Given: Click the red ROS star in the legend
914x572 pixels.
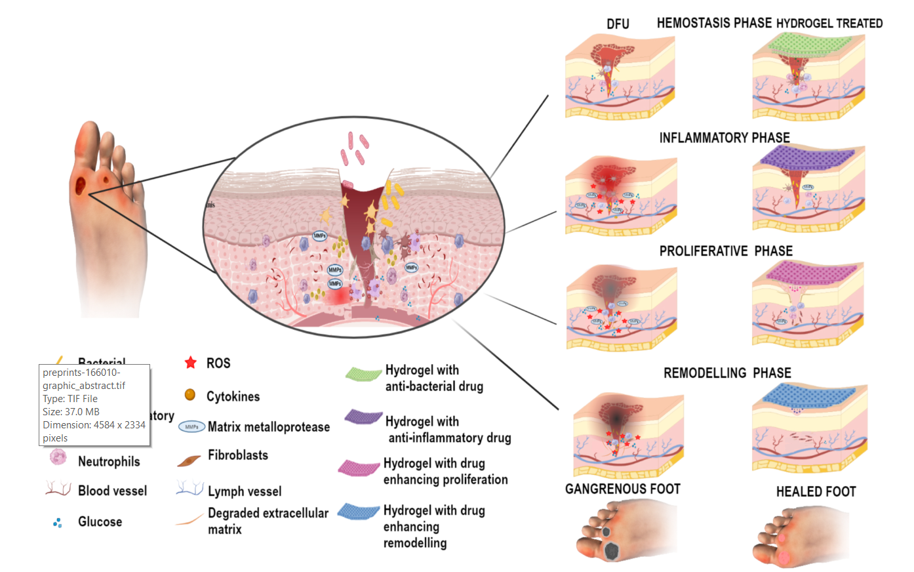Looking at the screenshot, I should [x=191, y=363].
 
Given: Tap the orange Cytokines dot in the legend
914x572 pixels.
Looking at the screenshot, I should [x=190, y=395].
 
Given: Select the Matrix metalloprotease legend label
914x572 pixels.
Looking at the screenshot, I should [x=268, y=427].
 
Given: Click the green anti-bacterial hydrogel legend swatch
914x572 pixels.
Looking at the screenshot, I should [x=363, y=374].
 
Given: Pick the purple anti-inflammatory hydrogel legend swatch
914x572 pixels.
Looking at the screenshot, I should [x=363, y=417].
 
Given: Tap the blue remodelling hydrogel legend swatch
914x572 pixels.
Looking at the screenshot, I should [x=359, y=512].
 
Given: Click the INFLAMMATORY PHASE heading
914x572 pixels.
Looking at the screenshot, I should [x=725, y=138].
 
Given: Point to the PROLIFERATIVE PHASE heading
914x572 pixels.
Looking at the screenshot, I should [x=726, y=251].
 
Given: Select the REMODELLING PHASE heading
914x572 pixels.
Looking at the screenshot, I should [x=727, y=373].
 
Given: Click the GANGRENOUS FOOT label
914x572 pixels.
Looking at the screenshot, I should [x=622, y=489].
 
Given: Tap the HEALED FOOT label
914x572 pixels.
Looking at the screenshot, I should [x=816, y=492].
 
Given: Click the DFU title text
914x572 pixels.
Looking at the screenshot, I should [x=618, y=24].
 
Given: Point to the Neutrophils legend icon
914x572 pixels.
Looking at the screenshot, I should [x=58, y=457].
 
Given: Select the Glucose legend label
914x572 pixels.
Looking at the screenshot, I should [x=100, y=522].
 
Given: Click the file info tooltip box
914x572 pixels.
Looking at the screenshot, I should [x=94, y=405].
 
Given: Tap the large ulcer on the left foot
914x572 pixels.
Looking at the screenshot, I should [x=80, y=186].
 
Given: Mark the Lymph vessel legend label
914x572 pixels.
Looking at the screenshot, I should [x=244, y=491].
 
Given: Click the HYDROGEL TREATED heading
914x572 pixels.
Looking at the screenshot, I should [x=829, y=24].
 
